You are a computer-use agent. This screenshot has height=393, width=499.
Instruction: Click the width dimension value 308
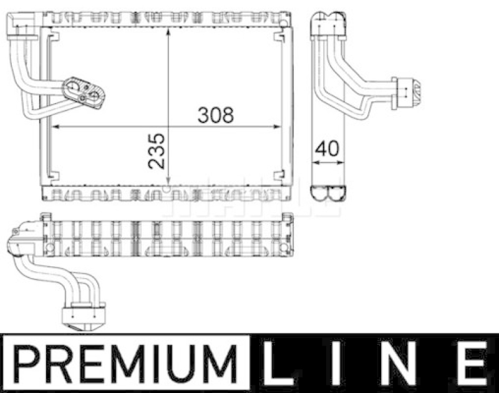[x=215, y=115]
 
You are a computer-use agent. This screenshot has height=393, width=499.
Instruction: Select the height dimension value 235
[x=158, y=150]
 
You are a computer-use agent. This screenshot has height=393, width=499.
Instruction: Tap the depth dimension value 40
[x=327, y=149]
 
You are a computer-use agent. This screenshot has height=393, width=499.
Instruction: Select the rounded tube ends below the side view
[x=327, y=194]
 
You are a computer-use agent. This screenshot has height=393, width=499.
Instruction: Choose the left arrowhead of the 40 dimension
[x=314, y=162]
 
